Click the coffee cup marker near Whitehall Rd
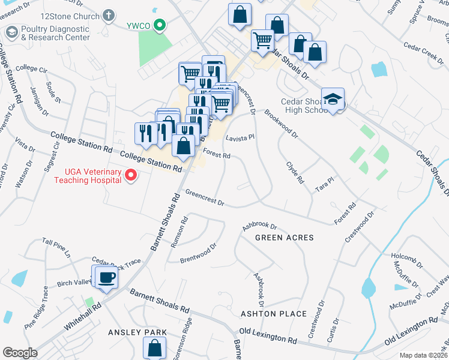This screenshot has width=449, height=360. [107, 278]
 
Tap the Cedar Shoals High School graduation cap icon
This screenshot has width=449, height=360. [333, 99]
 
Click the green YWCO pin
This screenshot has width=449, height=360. [159, 25]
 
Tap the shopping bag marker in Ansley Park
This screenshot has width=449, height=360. [155, 347]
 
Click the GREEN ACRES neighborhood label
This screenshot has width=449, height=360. [285, 238]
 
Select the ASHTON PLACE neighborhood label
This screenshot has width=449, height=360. [274, 314]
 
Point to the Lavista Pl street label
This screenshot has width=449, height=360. [241, 137]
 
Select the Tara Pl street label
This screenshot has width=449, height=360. [325, 184]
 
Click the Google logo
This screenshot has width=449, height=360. [20, 353]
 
